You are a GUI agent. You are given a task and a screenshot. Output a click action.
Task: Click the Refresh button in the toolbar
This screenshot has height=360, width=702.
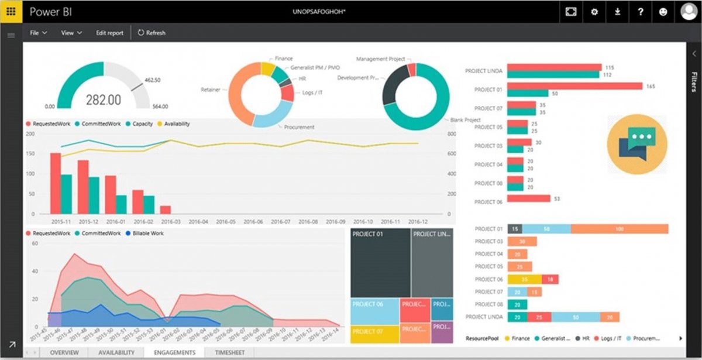[x=152, y=33]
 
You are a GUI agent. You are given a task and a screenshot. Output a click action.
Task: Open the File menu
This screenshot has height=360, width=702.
[x=38, y=33]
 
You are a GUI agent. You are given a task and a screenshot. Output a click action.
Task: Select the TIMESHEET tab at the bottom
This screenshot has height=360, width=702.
[x=229, y=352]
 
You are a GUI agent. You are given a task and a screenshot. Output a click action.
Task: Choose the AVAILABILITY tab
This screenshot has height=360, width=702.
[x=117, y=352]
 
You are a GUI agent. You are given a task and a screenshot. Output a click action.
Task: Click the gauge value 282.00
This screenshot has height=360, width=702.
[x=104, y=100]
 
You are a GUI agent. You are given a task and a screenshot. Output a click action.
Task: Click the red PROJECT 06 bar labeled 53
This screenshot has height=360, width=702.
[x=529, y=198]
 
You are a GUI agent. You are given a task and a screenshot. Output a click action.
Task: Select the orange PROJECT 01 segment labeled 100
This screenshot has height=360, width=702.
[x=620, y=229]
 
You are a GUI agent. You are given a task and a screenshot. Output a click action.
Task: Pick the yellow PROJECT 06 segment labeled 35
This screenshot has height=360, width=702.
[x=524, y=279]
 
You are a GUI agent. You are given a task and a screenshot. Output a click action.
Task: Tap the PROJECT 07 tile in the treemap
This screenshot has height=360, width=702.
[x=374, y=334]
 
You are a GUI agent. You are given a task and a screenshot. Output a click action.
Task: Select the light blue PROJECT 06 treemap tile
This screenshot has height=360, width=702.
[x=374, y=311]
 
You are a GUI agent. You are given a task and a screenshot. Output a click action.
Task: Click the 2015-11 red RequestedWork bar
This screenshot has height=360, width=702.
[x=55, y=183]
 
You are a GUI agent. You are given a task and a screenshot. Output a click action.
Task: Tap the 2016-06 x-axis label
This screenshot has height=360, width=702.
[x=253, y=222]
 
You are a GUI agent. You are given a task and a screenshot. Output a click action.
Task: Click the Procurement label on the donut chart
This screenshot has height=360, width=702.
[x=299, y=127]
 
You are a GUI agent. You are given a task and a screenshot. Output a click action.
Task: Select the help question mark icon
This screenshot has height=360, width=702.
[x=641, y=12]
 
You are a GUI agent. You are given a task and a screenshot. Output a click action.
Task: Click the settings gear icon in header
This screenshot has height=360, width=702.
[x=594, y=12]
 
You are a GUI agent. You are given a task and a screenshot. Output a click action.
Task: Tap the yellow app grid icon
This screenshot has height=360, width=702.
[x=11, y=12]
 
